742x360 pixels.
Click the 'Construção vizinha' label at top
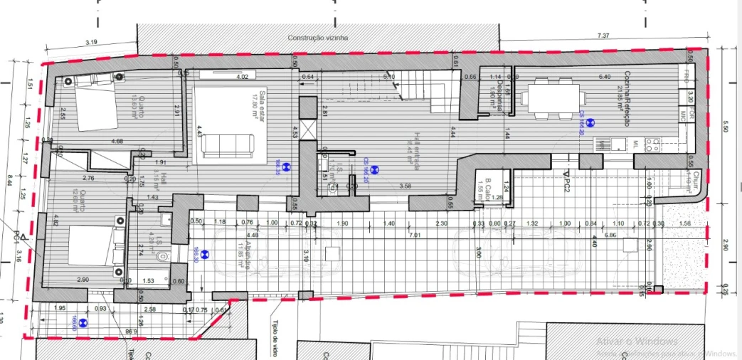(x=318, y=38)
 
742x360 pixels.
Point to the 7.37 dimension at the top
(x=603, y=35)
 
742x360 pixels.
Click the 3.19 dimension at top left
(x=91, y=42)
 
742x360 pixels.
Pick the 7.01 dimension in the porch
(x=415, y=235)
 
